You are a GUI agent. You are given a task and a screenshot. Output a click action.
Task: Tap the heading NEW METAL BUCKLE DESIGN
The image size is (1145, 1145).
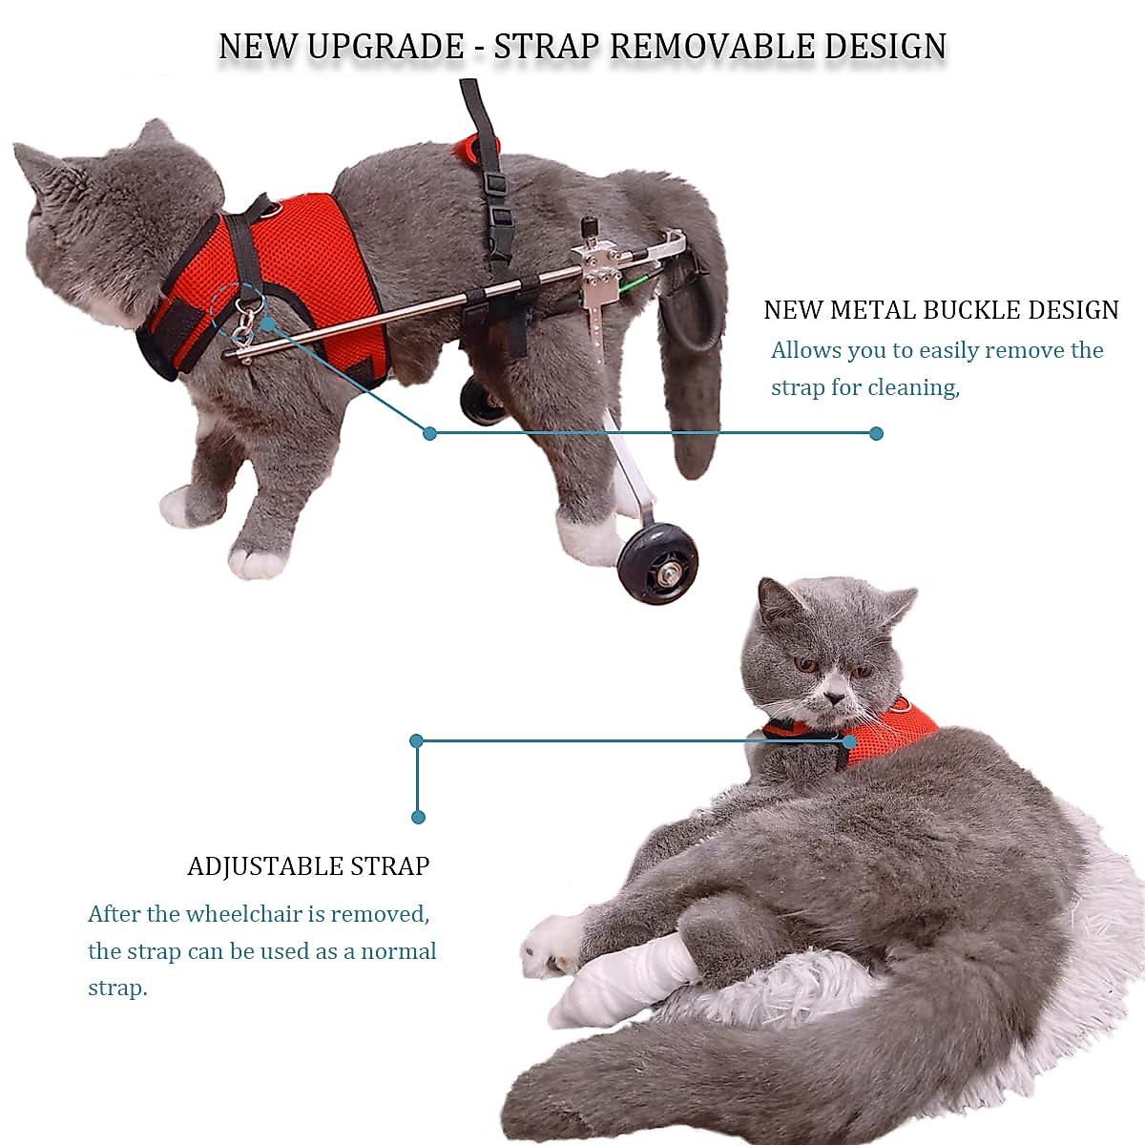[x=941, y=310]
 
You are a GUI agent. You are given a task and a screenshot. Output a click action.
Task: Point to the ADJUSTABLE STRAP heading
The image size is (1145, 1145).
[x=308, y=866]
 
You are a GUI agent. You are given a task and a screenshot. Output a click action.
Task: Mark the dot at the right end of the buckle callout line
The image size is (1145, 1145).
[x=877, y=433]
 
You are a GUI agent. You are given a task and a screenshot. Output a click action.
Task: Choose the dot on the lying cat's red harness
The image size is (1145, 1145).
[x=849, y=740]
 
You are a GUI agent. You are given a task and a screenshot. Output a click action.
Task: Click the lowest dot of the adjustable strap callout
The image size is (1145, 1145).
[x=418, y=817]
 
